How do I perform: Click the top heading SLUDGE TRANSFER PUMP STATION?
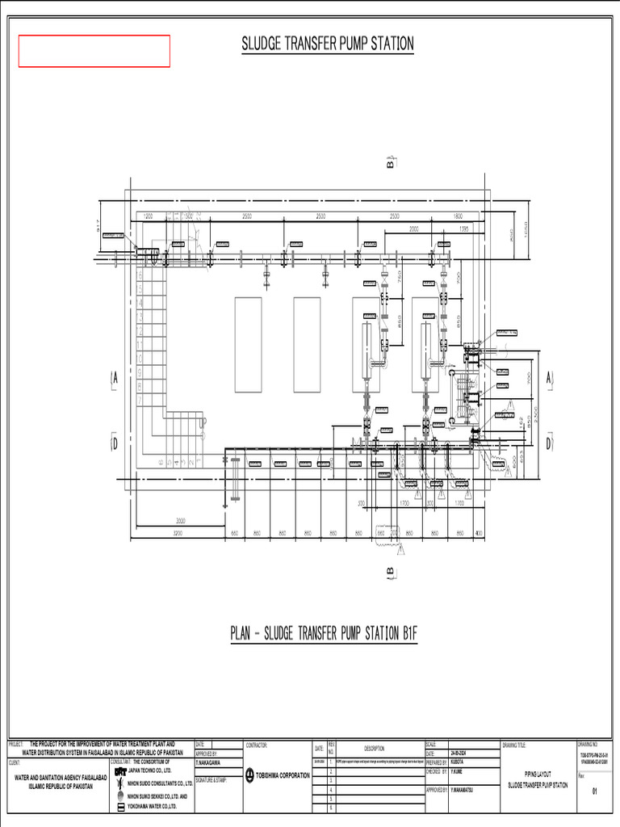pos(328,44)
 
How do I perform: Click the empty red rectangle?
pos(94,51)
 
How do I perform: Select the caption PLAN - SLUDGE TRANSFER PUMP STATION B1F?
pos(325,633)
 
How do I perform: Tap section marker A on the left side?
pos(115,378)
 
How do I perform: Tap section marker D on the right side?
pos(549,443)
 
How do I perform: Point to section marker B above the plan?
pos(391,164)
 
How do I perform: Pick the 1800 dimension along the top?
pos(458,216)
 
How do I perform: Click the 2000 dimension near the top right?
pos(414,229)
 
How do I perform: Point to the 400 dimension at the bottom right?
pos(480,534)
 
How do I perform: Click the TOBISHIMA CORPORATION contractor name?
pos(283,775)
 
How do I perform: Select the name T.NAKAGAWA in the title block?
pos(210,762)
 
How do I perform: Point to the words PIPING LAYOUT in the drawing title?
pos(537,774)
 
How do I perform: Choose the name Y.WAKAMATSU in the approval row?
pos(467,790)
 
